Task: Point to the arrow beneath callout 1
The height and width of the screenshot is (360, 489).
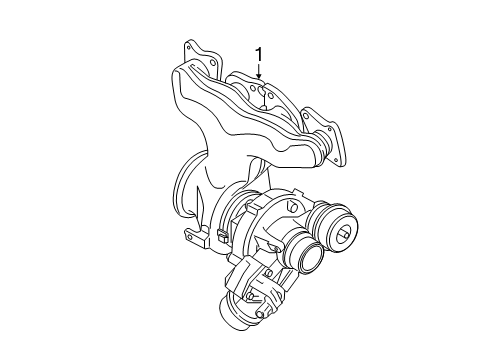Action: (x=259, y=70)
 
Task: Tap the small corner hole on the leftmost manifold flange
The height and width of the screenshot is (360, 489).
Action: (x=187, y=47)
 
